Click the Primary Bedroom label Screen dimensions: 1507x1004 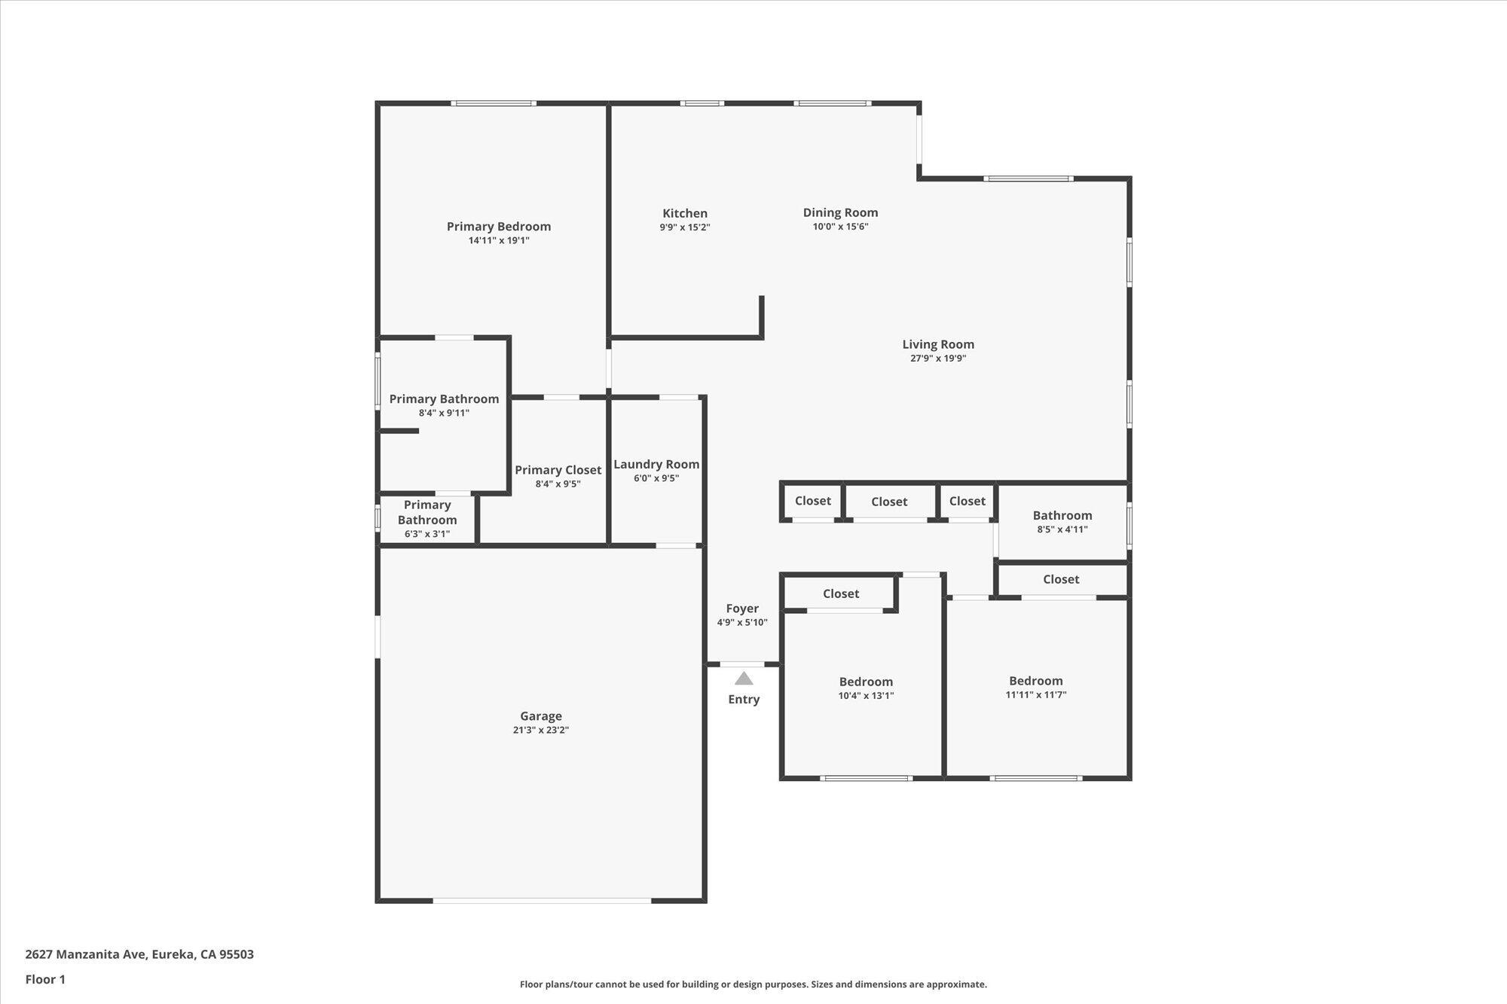[499, 226]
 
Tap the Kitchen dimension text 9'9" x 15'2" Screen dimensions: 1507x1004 [685, 227]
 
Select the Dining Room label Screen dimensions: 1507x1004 [840, 212]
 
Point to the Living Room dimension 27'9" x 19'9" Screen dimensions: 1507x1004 [938, 359]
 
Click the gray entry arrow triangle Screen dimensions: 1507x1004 [744, 679]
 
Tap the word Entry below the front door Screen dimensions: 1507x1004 [744, 700]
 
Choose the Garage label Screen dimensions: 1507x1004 [541, 716]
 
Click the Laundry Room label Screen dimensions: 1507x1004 [656, 465]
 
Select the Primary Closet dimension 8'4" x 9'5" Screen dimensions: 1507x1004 [558, 484]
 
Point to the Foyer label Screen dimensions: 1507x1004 [742, 609]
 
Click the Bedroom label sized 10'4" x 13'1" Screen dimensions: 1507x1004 [866, 682]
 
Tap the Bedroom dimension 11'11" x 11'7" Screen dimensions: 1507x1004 [1036, 694]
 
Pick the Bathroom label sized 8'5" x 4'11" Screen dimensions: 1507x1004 [1062, 515]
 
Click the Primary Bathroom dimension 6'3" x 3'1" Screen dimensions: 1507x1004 [427, 534]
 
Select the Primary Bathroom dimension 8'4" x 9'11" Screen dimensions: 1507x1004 [444, 413]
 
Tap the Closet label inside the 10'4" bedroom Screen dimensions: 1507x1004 [841, 594]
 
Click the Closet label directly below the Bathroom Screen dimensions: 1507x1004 [1061, 579]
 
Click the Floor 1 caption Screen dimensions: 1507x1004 [45, 979]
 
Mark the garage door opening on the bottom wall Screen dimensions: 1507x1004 [542, 900]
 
